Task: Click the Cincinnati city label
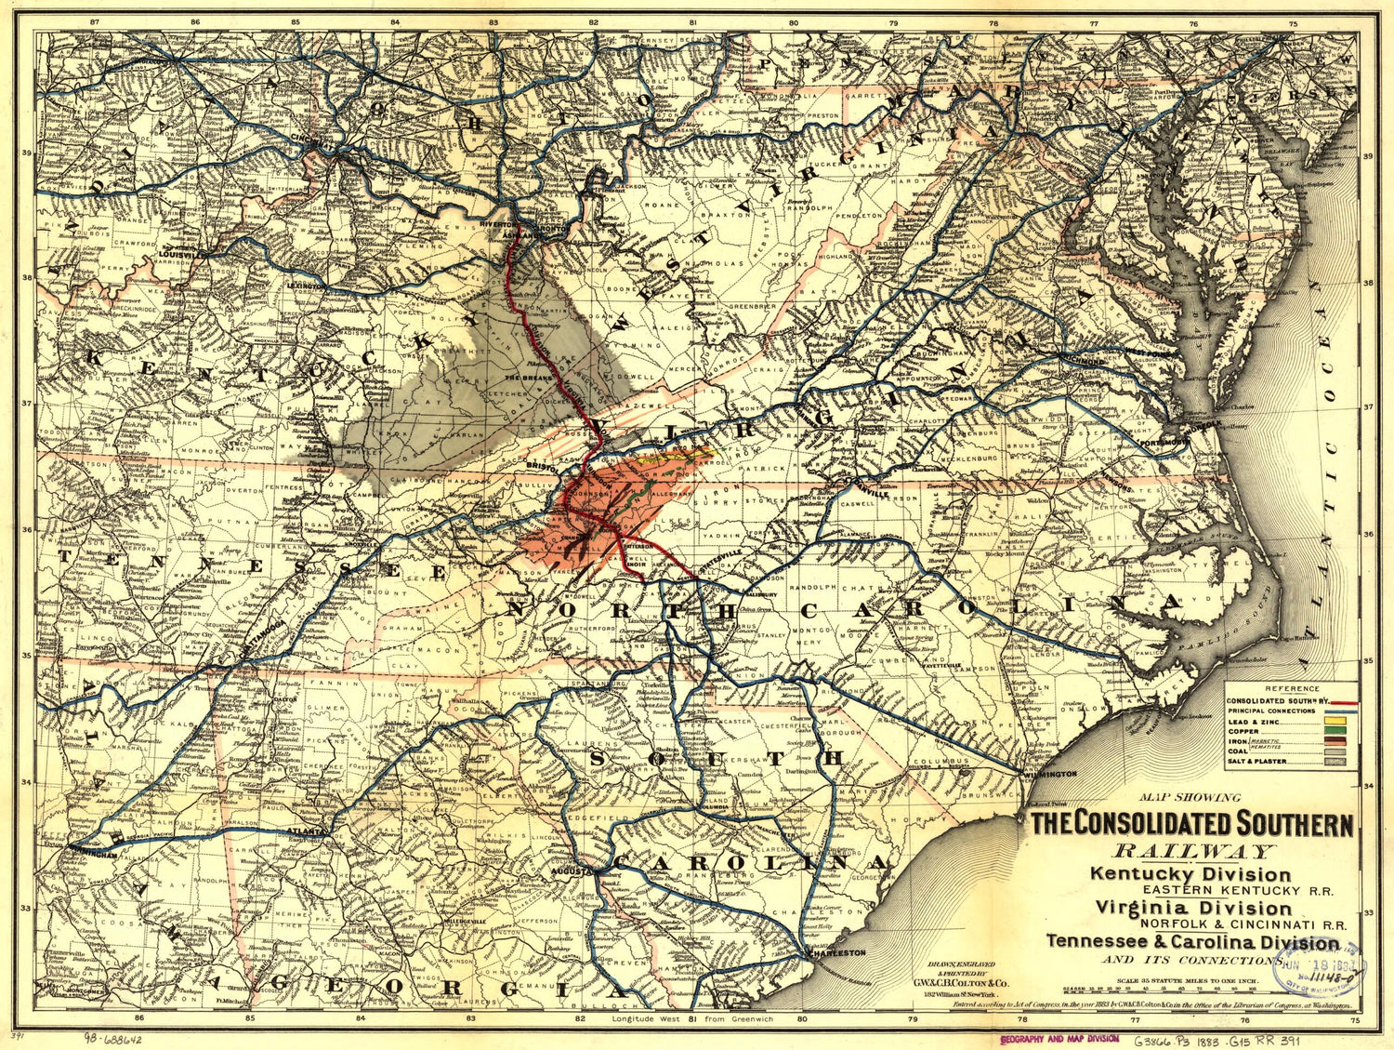(x=313, y=138)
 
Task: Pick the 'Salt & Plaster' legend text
(x=1256, y=762)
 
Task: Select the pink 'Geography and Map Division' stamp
(x=1059, y=1039)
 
